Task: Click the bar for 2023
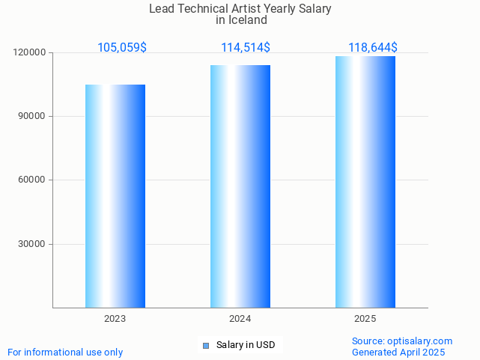click(115, 196)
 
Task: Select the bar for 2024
click(240, 186)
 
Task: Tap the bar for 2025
click(365, 182)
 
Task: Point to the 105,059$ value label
click(122, 48)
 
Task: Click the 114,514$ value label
click(246, 48)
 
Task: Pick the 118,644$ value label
click(373, 48)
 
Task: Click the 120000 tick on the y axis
click(30, 52)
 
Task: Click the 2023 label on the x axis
click(115, 319)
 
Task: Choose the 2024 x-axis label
click(240, 319)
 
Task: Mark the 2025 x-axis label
click(365, 319)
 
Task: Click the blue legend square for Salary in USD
click(206, 345)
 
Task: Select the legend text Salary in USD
click(246, 345)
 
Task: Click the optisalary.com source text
click(402, 341)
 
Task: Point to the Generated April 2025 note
click(398, 352)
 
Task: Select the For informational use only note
click(65, 352)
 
